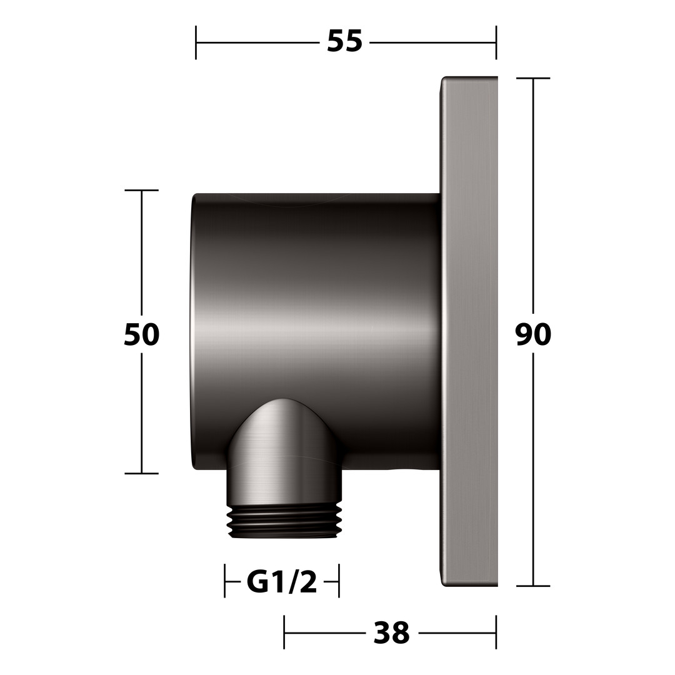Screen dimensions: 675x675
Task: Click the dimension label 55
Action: pyautogui.click(x=344, y=42)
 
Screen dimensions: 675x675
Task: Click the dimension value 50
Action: pyautogui.click(x=141, y=334)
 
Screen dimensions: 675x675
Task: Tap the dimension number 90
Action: pyautogui.click(x=533, y=334)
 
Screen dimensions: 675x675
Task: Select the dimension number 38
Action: pyautogui.click(x=391, y=632)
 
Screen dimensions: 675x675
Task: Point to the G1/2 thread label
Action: pyautogui.click(x=281, y=582)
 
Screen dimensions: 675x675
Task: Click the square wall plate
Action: pyautogui.click(x=469, y=331)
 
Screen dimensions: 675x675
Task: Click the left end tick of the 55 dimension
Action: pyautogui.click(x=196, y=42)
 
